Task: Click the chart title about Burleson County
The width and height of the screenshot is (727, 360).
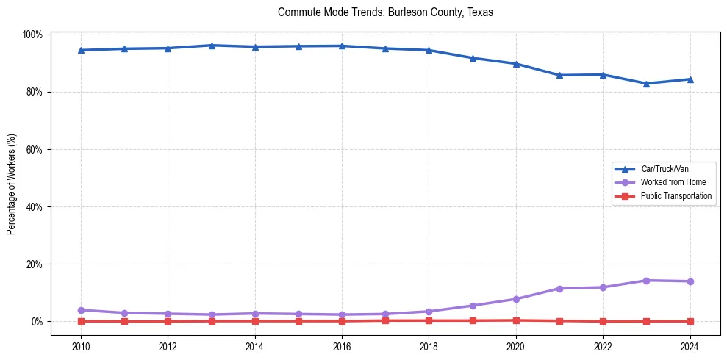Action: tap(385, 12)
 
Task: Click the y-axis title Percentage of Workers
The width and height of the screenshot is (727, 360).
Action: tap(12, 178)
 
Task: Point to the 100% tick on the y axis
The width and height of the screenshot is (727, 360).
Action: tap(33, 35)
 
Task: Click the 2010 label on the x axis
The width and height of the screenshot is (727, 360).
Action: tap(81, 347)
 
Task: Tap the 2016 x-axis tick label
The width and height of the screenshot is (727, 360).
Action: tap(342, 347)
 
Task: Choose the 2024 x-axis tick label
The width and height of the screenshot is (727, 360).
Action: tap(690, 347)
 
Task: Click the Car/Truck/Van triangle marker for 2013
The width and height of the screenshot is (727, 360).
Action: tap(212, 46)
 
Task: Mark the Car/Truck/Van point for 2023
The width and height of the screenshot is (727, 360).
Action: tap(646, 84)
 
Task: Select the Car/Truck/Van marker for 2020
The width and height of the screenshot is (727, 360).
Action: tap(516, 64)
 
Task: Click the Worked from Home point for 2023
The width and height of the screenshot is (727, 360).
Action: tap(646, 281)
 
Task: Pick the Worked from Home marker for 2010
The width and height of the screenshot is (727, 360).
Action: tap(81, 310)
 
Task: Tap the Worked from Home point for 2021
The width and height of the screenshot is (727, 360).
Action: tap(559, 289)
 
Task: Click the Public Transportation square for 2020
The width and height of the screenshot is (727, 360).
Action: tap(516, 320)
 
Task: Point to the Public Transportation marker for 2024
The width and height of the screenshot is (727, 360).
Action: tap(690, 321)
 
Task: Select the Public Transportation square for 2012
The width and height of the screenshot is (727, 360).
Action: tap(168, 321)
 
